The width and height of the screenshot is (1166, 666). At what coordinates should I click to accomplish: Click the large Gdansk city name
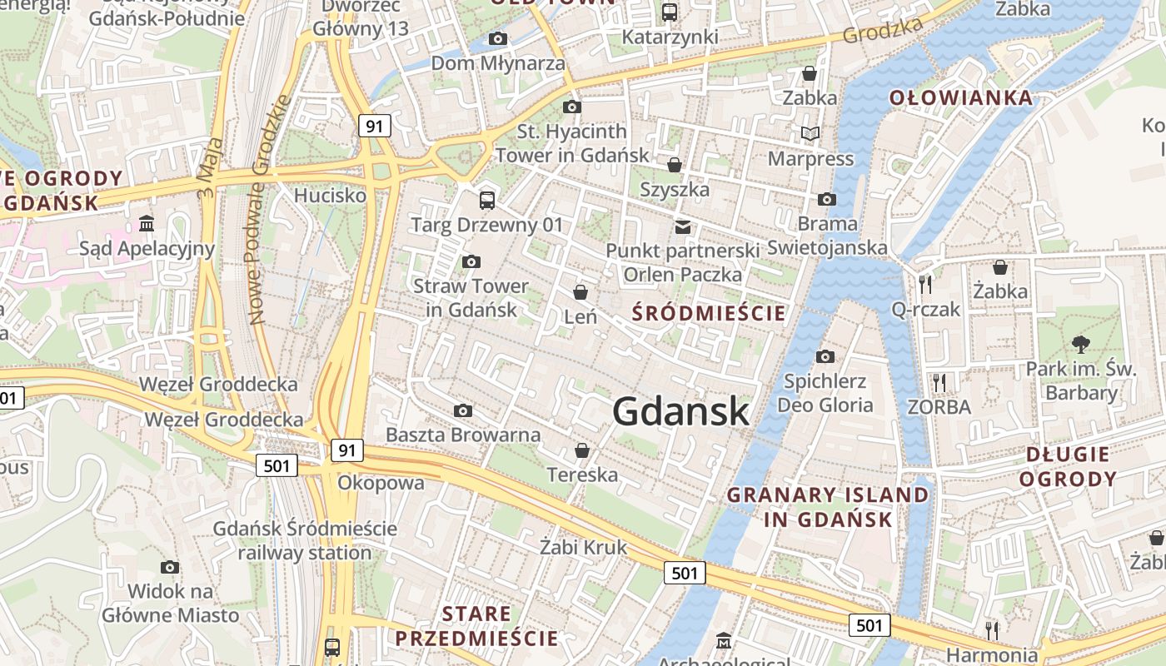pos(680,411)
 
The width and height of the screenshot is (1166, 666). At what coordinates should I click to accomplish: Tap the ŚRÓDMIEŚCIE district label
pos(709,313)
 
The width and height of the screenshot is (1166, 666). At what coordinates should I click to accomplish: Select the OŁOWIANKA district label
pos(961,97)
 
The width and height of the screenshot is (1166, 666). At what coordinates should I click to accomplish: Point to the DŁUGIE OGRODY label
pos(1068,466)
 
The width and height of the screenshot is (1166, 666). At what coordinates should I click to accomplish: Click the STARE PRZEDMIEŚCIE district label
pos(476,626)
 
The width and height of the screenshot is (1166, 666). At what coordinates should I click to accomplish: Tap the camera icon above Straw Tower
pos(471,262)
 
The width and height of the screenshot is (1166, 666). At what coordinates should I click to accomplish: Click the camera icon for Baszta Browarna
pos(463,410)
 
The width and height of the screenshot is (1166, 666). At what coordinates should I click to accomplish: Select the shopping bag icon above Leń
pos(581,292)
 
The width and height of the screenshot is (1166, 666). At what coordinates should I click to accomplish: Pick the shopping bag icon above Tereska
pos(582,450)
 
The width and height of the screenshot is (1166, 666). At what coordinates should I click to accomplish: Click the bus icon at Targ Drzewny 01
pos(487,200)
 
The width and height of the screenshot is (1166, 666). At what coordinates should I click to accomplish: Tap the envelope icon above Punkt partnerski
pos(683,226)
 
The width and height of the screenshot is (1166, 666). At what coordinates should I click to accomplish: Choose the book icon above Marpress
pos(810,133)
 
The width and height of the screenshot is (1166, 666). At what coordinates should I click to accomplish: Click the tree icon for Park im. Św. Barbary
pos(1081,343)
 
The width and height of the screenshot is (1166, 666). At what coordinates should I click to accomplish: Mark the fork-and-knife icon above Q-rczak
pos(925,285)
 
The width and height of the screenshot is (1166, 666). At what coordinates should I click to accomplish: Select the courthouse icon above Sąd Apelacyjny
pos(147,223)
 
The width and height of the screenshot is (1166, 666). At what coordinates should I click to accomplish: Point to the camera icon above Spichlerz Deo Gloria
pos(825,356)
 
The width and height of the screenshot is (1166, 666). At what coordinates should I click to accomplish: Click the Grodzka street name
pos(883,30)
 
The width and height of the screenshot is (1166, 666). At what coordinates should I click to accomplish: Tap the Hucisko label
pos(331,195)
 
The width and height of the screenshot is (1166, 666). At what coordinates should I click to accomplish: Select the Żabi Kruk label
pos(583,547)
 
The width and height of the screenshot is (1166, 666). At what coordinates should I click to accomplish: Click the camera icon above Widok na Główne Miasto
pos(170,567)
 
